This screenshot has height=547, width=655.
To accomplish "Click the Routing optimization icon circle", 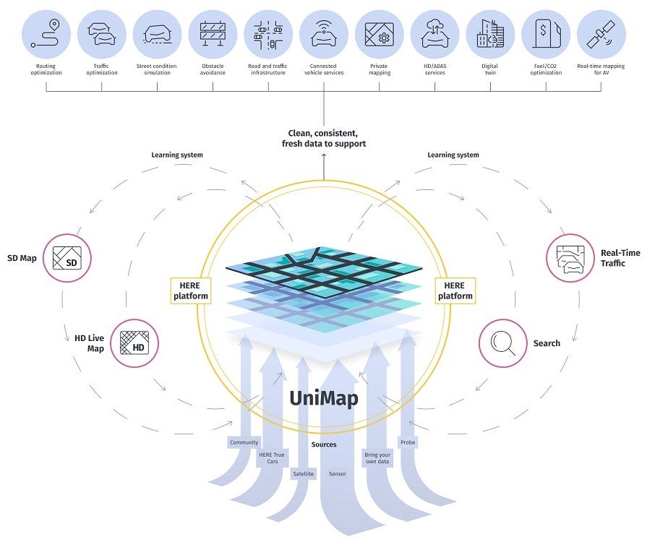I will tap(47, 35).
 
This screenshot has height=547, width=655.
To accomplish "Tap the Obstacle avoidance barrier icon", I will tap(213, 35).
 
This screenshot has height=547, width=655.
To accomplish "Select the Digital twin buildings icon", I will tap(490, 35).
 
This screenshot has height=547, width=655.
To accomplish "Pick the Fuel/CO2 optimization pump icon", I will tap(546, 35).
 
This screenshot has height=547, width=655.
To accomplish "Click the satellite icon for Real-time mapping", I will tap(601, 35).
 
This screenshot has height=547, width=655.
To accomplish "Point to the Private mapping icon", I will tap(379, 35).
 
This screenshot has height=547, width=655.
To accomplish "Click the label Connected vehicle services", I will tap(323, 69).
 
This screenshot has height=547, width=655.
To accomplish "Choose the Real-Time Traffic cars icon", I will tap(570, 257).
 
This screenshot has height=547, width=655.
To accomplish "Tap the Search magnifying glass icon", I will tap(502, 343).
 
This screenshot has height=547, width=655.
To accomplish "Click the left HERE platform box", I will tap(190, 290).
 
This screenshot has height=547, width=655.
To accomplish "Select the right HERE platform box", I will tap(455, 290).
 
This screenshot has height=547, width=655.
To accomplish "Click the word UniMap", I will tap(323, 398).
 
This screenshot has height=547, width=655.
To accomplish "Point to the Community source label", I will tap(244, 442).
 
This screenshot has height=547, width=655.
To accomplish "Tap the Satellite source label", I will tap(303, 474).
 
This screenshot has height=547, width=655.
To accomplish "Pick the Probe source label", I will tap(408, 442).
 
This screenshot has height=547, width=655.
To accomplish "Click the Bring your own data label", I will tap(377, 458).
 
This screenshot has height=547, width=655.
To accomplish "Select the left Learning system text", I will tap(176, 155).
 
